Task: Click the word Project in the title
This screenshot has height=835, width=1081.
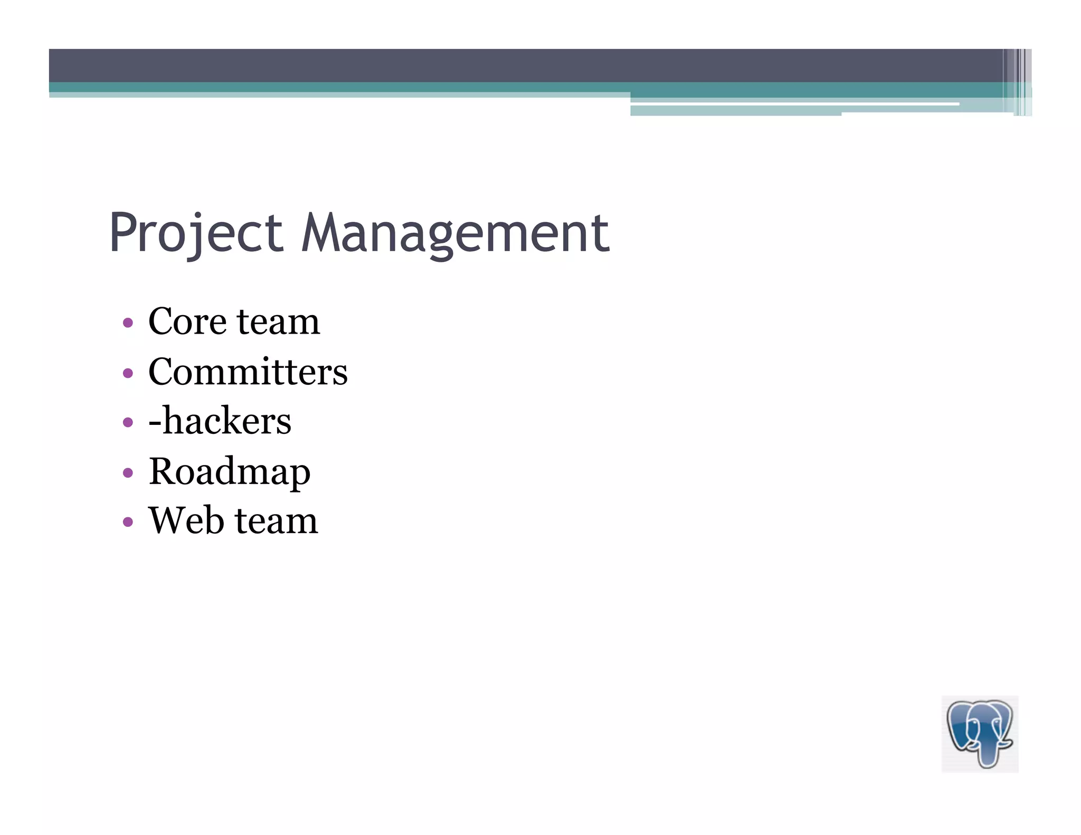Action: [196, 233]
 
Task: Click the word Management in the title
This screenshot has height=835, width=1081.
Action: [455, 233]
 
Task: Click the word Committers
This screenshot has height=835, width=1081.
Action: [248, 372]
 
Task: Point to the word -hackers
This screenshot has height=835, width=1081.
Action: [220, 421]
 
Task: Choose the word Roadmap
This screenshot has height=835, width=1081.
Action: [230, 471]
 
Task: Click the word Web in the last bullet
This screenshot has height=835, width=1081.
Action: [186, 520]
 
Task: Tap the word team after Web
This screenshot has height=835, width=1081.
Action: [276, 520]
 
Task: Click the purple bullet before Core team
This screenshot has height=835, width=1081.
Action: [128, 322]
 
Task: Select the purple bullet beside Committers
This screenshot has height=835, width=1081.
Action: [128, 373]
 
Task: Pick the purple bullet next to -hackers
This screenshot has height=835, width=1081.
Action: [128, 422]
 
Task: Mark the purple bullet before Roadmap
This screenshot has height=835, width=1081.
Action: [128, 472]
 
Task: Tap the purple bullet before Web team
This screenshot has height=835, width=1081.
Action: [128, 522]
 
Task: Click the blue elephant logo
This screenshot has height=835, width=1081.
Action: [980, 734]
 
